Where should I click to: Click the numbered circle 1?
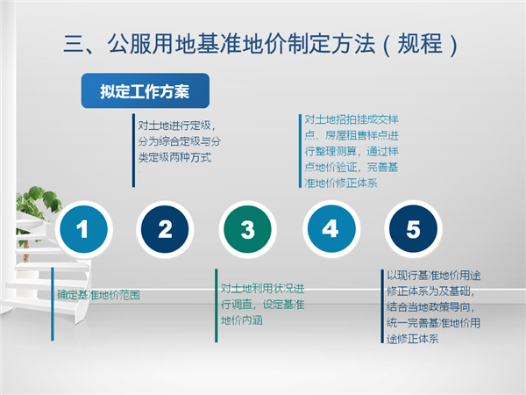pos(84,229)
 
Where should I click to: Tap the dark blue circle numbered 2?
pos(165,229)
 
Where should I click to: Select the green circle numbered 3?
pos(247,229)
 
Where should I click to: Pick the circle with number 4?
pos(331,229)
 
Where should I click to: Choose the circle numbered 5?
pos(413,229)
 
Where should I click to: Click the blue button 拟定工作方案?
pos(146,90)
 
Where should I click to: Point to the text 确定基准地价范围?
pos(98,295)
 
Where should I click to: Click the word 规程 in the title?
pos(420,44)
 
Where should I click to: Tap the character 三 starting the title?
pos(74,44)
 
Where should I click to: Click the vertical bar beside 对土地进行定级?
pos(133,150)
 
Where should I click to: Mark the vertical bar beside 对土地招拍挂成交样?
pos(300,151)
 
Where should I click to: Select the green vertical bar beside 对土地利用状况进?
pos(217,305)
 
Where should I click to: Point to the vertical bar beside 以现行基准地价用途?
pos(382,306)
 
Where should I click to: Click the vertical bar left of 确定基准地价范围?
pos(53,304)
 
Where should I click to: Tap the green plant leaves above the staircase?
pos(39,202)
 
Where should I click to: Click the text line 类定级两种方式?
pos(174,157)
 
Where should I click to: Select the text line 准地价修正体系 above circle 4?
pos(341,183)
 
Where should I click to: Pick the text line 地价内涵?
pos(242,320)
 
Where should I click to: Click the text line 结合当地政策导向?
pos(430,307)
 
